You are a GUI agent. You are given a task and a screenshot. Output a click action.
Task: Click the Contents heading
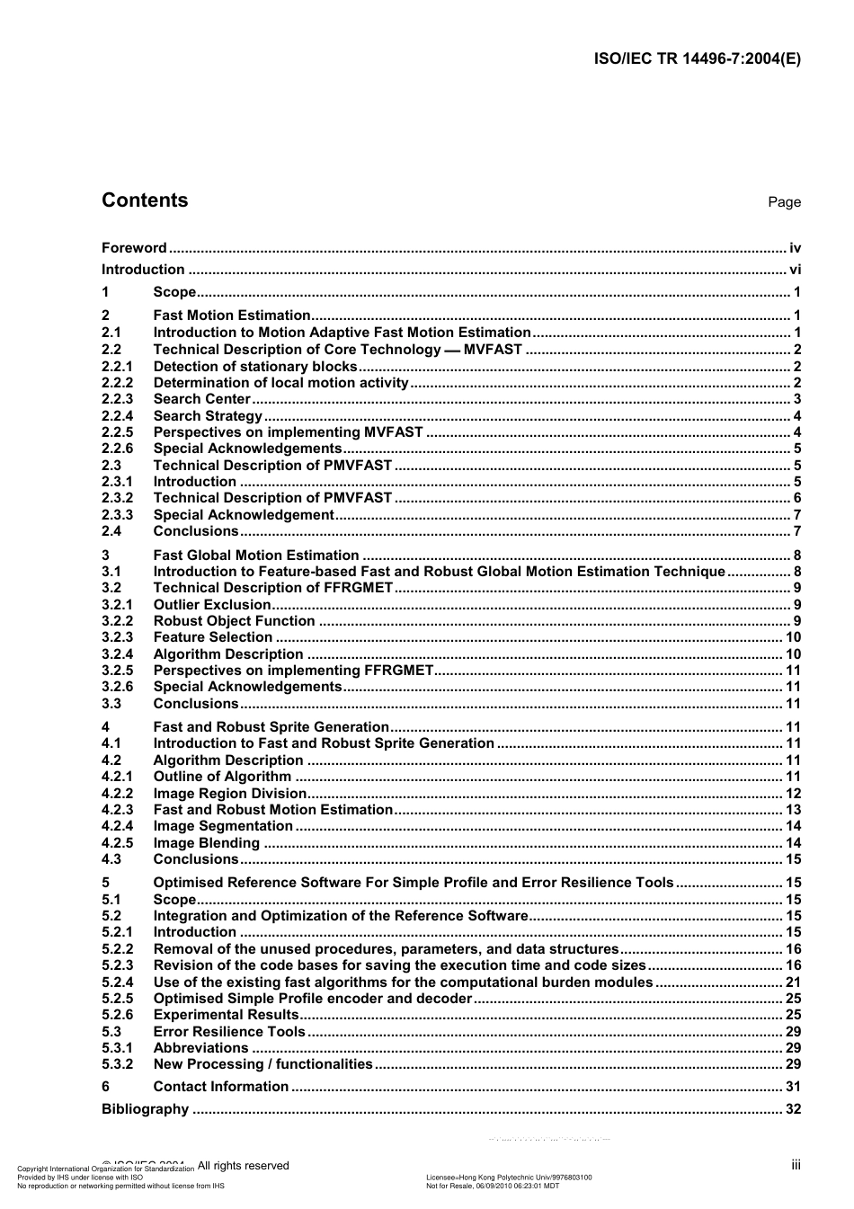coord(145,200)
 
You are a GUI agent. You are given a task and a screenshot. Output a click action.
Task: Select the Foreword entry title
coord(134,248)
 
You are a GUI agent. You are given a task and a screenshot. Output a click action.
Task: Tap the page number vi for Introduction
coord(795,270)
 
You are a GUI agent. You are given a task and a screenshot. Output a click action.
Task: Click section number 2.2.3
coord(117,399)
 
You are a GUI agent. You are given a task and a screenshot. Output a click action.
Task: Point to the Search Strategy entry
coord(208,416)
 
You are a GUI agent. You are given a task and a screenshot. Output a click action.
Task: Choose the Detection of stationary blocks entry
coord(255,367)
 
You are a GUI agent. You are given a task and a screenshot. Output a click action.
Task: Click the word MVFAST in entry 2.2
coord(493,350)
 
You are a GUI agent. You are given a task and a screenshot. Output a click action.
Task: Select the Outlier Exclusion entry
coord(212,605)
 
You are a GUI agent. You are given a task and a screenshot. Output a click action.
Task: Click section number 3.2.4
coord(117,654)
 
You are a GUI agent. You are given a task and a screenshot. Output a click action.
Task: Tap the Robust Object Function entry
coord(234,621)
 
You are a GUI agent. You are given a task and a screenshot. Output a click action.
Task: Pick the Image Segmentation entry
coord(223,826)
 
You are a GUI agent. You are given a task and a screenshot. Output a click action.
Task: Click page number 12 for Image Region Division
coord(793,794)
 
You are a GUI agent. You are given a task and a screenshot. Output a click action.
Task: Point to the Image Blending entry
coord(207,843)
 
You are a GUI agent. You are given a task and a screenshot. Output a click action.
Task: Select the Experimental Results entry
coord(226,1015)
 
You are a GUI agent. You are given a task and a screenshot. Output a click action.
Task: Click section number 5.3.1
coord(117,1048)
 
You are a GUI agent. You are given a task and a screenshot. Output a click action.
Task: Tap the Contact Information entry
coord(221,1087)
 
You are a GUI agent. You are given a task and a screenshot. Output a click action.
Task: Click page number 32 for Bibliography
coord(793,1109)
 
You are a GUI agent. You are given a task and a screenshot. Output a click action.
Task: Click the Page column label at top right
coord(784,202)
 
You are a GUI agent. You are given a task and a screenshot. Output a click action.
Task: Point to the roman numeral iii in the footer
coord(796,1165)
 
